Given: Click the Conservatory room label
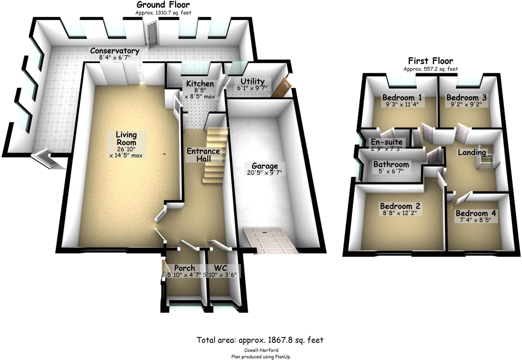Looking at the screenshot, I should click(x=115, y=51).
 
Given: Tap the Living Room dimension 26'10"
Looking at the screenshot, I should click(x=126, y=149).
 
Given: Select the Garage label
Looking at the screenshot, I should click(x=265, y=166).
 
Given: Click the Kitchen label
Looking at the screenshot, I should click(x=200, y=84).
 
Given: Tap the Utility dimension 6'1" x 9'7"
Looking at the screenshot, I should click(x=252, y=88).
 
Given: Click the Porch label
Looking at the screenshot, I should click(x=185, y=268).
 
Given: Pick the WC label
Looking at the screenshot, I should click(x=220, y=268).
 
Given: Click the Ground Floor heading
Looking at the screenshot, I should click(x=163, y=5).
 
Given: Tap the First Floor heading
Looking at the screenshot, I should click(x=430, y=61).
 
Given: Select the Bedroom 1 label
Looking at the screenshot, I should click(x=402, y=97).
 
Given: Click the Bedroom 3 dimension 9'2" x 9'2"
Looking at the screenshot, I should click(x=466, y=104).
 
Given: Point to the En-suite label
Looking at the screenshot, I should click(x=386, y=142).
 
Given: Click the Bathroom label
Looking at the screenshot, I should click(x=391, y=164).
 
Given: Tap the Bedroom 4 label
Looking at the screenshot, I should click(x=476, y=213).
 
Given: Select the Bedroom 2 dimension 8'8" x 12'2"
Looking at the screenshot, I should click(x=400, y=213).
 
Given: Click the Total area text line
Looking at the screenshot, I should click(x=260, y=340).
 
